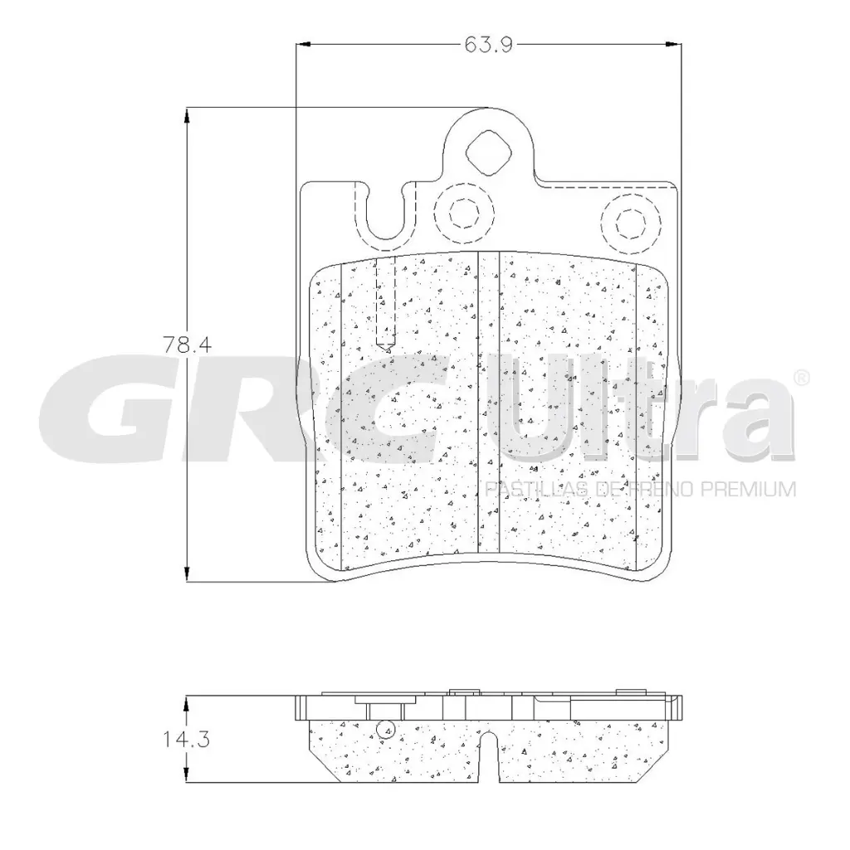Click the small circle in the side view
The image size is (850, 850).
click(x=384, y=730)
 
